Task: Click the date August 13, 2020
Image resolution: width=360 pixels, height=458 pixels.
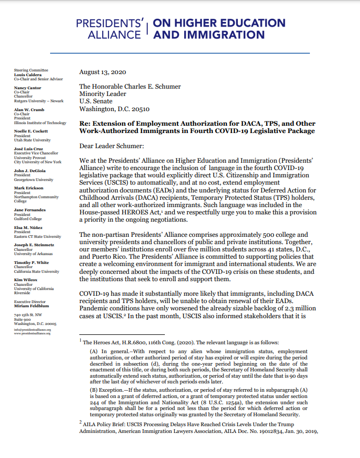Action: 102,73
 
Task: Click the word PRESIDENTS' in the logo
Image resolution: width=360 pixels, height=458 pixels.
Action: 110,24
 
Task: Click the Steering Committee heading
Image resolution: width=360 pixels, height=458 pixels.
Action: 31,70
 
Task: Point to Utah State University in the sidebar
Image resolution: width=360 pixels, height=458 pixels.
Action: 32,140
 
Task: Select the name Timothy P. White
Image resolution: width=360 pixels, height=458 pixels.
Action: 30,263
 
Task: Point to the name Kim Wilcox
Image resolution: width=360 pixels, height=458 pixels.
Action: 25,281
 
